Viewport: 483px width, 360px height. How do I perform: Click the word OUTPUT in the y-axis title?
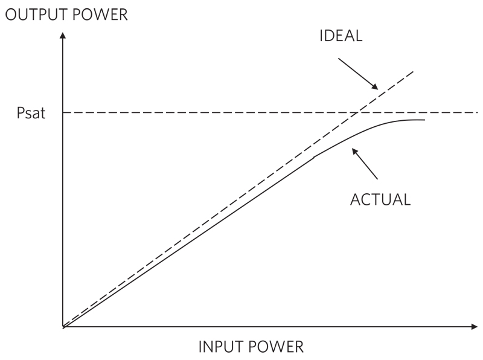(30, 14)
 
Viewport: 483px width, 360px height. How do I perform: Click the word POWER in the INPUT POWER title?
(276, 347)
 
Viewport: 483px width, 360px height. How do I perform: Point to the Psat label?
(31, 113)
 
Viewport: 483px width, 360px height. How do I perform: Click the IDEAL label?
(341, 36)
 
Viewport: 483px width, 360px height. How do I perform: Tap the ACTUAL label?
(380, 199)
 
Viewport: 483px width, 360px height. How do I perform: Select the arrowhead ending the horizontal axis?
(474, 327)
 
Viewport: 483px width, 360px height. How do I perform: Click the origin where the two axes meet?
(63, 327)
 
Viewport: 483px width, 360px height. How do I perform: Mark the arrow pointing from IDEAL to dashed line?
(358, 73)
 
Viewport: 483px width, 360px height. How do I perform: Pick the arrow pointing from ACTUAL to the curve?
(365, 164)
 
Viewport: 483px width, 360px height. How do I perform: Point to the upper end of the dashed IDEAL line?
(414, 71)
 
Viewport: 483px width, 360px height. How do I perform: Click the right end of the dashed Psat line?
(477, 112)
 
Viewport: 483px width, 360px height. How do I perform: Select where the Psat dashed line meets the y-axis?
(63, 112)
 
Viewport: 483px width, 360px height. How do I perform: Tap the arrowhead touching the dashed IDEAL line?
(376, 88)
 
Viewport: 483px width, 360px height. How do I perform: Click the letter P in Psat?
(20, 113)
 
